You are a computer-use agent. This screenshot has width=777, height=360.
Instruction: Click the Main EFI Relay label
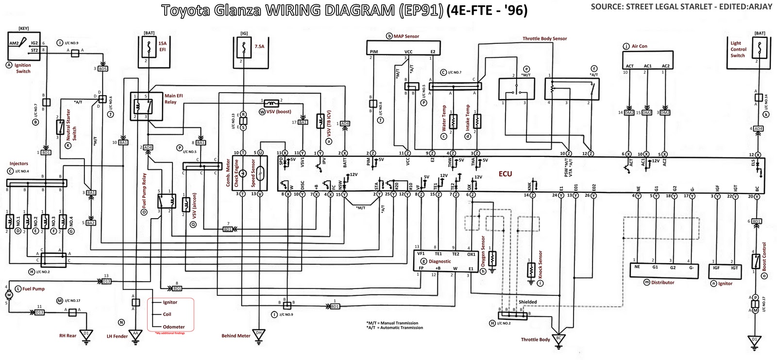(170, 99)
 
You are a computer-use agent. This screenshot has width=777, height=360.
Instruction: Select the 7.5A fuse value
(259, 47)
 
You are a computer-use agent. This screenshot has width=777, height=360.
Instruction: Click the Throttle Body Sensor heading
(544, 38)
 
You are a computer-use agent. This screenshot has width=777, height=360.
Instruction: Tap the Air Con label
(640, 47)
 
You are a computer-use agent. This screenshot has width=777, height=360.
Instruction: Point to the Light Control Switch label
(738, 50)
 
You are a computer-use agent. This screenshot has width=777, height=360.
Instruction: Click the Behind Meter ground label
(236, 336)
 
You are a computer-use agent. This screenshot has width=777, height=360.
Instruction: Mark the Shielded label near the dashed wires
(527, 302)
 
